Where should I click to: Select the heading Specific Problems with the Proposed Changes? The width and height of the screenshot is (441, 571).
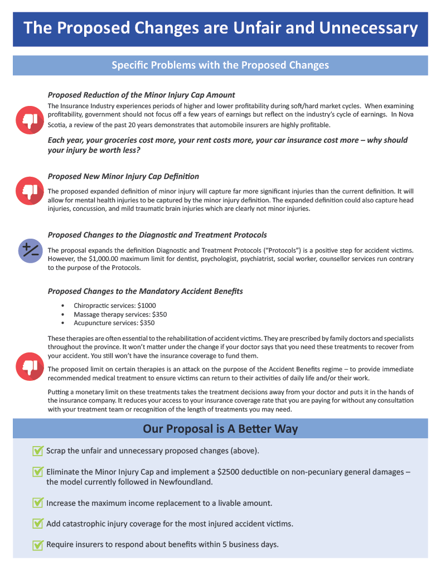(220, 65)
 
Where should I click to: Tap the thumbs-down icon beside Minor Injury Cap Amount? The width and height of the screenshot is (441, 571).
(30, 119)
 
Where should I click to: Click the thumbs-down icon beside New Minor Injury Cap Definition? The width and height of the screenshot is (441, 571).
(30, 191)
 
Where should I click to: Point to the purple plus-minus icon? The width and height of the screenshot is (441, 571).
(30, 251)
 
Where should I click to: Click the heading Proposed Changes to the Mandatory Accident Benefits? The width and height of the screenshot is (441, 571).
(146, 291)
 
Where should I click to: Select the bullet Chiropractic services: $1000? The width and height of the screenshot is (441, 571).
(114, 306)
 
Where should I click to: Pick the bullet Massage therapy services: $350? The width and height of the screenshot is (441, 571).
(120, 314)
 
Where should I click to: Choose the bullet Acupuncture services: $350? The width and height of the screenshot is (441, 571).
(114, 323)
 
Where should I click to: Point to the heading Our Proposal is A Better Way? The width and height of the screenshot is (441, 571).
(220, 429)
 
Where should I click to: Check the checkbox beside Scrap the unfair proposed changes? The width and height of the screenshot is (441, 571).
(38, 451)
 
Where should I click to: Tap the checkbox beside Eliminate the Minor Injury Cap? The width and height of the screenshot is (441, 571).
(38, 472)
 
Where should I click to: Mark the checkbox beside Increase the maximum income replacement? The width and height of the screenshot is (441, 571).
(38, 503)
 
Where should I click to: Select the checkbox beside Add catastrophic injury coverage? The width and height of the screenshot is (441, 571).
(38, 524)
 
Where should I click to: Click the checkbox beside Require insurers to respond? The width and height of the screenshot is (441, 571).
(38, 545)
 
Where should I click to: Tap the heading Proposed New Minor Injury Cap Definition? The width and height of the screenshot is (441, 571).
(123, 177)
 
